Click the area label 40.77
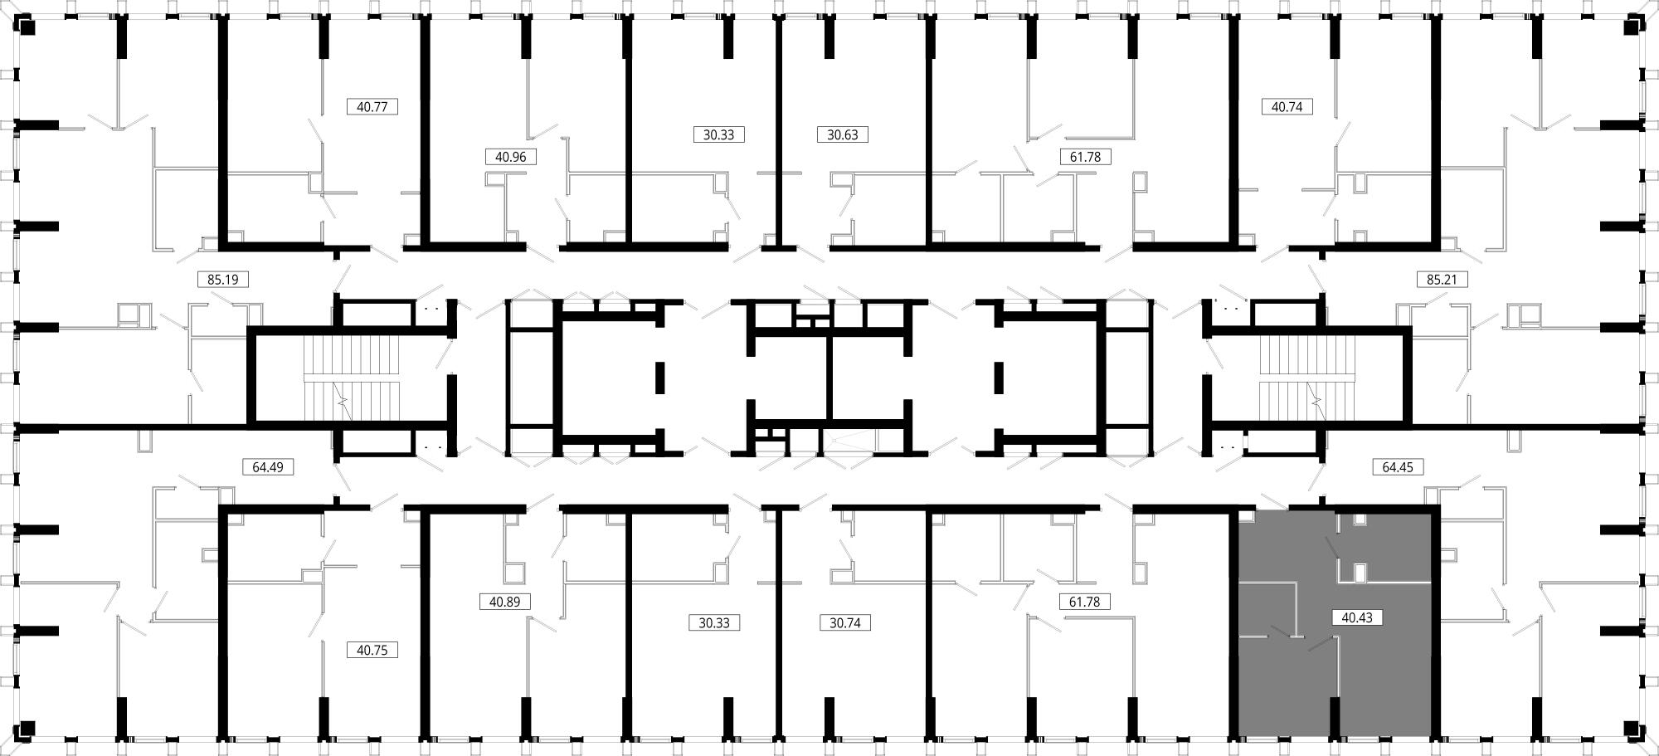[372, 107]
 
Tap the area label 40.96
[511, 157]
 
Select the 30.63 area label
[843, 134]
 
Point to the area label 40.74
[1287, 107]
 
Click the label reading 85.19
[223, 280]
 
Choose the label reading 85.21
[1442, 280]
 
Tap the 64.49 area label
[268, 467]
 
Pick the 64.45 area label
[1398, 467]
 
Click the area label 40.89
[505, 602]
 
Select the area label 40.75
[372, 651]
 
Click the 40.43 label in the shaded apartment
[1357, 617]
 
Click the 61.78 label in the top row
[1085, 157]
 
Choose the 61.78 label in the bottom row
[1085, 602]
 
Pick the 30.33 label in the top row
[719, 134]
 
